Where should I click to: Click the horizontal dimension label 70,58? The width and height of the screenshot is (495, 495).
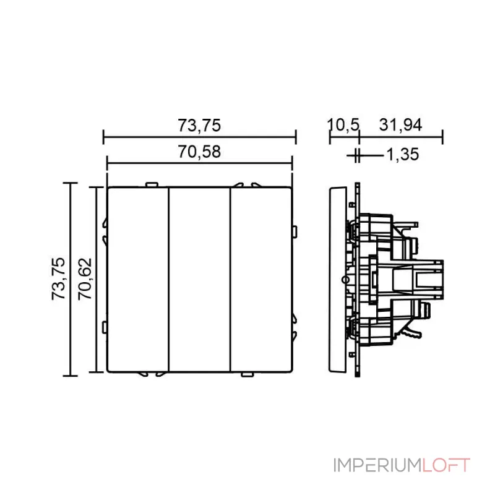199,152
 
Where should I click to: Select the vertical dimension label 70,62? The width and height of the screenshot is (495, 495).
85,279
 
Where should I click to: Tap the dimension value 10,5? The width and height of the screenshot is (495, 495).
343,125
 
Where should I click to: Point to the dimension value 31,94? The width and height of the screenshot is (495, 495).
400,125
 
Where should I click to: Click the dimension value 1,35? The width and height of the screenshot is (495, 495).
403,154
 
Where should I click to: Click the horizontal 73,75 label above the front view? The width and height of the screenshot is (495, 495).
199,126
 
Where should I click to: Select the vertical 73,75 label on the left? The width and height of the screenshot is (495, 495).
58,279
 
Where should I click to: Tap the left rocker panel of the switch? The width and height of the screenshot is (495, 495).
138,280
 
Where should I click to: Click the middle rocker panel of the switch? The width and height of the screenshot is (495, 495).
199,280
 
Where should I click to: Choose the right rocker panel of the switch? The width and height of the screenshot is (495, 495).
261,280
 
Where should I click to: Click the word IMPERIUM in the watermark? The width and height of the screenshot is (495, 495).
377,465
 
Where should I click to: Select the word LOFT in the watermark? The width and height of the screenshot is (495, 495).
446,465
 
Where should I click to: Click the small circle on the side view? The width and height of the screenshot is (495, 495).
346,280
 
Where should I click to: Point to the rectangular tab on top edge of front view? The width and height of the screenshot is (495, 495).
152,184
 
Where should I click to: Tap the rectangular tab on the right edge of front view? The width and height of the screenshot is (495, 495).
295,232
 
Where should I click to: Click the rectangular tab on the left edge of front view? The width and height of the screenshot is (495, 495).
105,327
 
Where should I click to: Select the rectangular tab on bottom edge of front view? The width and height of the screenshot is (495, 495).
247,374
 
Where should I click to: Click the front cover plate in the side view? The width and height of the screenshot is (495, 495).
338,280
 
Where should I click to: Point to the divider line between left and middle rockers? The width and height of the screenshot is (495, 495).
169,280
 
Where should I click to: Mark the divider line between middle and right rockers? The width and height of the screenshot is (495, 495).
230,280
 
